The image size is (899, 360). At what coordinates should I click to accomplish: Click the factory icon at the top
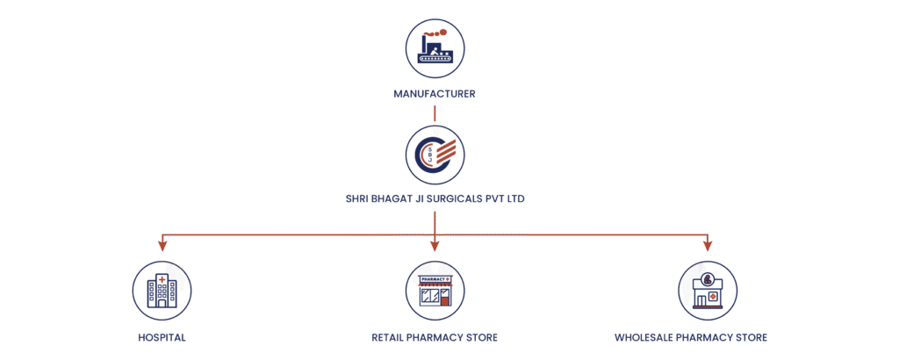[x=435, y=47]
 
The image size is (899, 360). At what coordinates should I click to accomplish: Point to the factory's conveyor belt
[x=435, y=60]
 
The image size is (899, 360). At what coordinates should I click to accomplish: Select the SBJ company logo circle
[x=435, y=155]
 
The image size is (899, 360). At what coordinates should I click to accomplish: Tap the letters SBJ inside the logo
[x=429, y=155]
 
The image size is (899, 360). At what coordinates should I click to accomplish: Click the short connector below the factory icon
[x=435, y=113]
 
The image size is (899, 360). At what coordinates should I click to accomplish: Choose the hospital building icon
[x=162, y=290]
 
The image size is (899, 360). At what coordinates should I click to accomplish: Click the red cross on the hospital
[x=162, y=278]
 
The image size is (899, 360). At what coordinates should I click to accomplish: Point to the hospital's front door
[x=162, y=302]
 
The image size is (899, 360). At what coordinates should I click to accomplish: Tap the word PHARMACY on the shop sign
[x=433, y=279]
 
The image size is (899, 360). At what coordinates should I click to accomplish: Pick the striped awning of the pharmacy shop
[x=435, y=286]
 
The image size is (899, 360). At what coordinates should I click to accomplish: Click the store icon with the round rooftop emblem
[x=708, y=290]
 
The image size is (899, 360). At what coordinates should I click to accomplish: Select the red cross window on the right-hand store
[x=713, y=298]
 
